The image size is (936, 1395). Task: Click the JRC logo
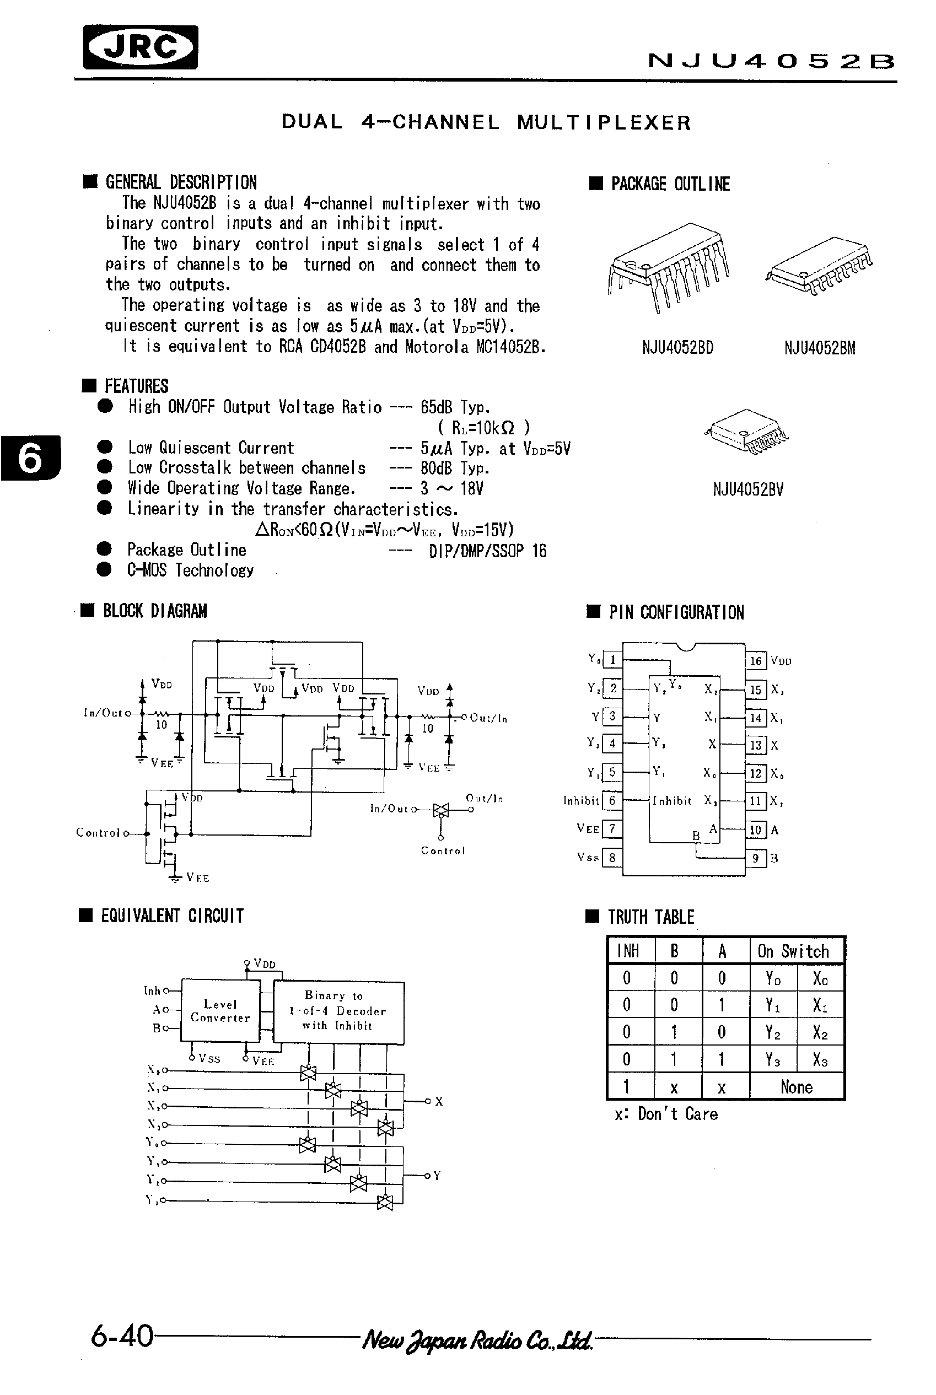coord(141,47)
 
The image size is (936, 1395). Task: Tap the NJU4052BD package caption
coord(677,348)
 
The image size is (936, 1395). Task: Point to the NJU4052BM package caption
coord(820,348)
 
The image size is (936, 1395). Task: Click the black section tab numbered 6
coord(30,459)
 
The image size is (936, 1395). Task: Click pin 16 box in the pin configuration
coord(756,661)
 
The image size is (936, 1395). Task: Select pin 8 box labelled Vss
coord(612,858)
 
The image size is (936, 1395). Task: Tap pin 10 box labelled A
coord(756,830)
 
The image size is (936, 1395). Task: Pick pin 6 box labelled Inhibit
coord(612,800)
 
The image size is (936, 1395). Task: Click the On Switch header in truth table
coord(793,951)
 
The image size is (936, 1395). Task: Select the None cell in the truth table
coord(797,1087)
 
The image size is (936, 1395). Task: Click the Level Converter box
coord(220,1011)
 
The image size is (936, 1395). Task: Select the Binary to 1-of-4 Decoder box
coord(338,1011)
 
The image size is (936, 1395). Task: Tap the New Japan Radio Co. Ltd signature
coord(477,1340)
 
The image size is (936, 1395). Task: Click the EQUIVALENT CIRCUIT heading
coord(172,916)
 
